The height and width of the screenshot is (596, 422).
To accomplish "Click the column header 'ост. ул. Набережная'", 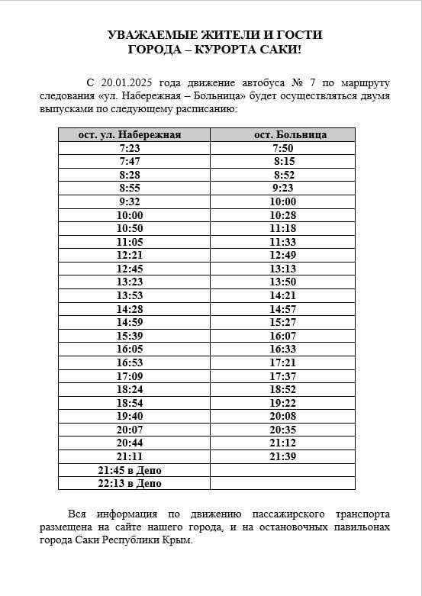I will point(130,134).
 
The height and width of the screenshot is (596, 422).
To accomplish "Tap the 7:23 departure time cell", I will point(130,148).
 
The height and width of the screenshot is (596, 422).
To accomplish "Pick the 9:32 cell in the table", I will point(130,201).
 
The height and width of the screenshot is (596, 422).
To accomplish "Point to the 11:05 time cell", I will point(130,242).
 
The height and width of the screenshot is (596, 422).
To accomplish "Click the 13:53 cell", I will point(130,295).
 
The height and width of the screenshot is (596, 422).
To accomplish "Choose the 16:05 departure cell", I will point(130,349).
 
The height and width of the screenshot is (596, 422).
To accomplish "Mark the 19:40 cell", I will point(130,416).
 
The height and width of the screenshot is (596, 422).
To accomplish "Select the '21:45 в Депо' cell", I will point(130,470).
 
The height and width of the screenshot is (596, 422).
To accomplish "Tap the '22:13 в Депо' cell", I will point(130,483).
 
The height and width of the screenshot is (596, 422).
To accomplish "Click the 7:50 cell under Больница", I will point(283,148).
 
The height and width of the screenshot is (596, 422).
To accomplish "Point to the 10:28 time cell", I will point(283,215).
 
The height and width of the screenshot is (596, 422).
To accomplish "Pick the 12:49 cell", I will point(283,255).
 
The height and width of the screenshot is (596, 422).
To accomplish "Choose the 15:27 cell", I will point(283,322).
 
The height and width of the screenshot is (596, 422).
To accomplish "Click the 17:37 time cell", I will point(283,376).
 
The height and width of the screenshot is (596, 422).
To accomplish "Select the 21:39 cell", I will point(283,456).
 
